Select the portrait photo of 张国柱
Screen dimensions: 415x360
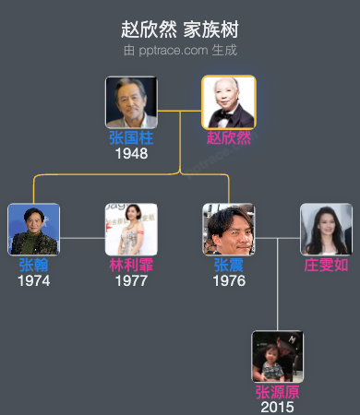131,102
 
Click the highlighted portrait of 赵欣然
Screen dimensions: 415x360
229,102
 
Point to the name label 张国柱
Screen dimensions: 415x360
131,138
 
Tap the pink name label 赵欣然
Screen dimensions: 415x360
229,138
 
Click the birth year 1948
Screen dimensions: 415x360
131,153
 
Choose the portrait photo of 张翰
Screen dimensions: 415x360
34,230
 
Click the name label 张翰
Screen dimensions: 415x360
34,265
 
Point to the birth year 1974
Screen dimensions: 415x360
34,279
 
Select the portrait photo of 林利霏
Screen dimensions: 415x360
131,230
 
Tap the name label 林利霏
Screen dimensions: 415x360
131,265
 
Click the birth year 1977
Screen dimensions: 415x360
131,279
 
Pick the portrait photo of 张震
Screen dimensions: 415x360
229,230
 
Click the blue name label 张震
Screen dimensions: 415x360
229,265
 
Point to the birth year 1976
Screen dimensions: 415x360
229,279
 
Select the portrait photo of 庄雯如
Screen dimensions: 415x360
326,230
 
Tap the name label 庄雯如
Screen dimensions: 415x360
326,265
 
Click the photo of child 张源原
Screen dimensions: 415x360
278,357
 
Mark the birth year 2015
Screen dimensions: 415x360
278,407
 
